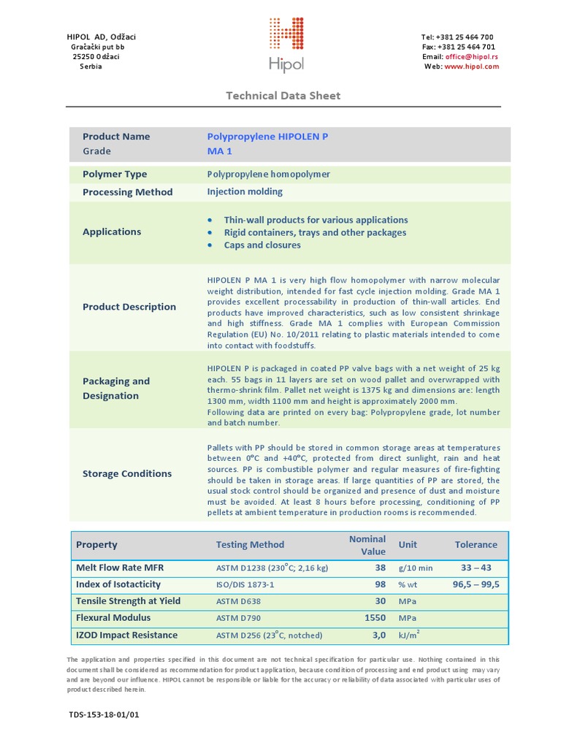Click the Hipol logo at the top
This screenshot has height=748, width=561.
point(286,45)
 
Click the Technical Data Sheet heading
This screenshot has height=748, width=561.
point(283,96)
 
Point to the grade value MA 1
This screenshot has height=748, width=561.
point(220,151)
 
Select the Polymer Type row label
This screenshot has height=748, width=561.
point(115,175)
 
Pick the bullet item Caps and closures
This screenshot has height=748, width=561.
point(262,245)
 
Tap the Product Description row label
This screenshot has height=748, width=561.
point(129,307)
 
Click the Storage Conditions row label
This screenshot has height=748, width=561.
point(127,473)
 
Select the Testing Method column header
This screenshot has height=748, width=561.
point(250,545)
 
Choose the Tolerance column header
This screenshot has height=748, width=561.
point(476,545)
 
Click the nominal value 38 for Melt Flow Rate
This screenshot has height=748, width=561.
point(380,568)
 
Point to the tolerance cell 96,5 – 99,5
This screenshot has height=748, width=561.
point(476,584)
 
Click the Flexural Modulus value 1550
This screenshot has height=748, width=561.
point(375,618)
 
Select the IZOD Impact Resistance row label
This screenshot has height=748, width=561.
point(126,636)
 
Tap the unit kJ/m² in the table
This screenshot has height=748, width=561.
point(408,636)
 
